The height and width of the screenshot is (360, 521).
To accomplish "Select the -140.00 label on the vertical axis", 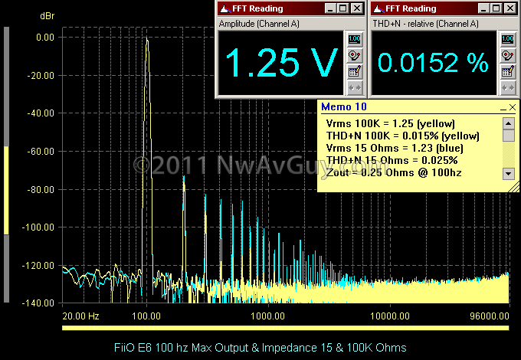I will [x=38, y=303].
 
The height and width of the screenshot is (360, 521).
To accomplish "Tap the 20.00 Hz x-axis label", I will [x=80, y=316].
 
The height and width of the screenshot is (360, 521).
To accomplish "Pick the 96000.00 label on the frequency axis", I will [x=488, y=316].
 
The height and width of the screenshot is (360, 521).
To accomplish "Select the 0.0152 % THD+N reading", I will [x=432, y=64].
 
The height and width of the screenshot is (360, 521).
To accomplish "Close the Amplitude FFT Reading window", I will [x=357, y=9].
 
